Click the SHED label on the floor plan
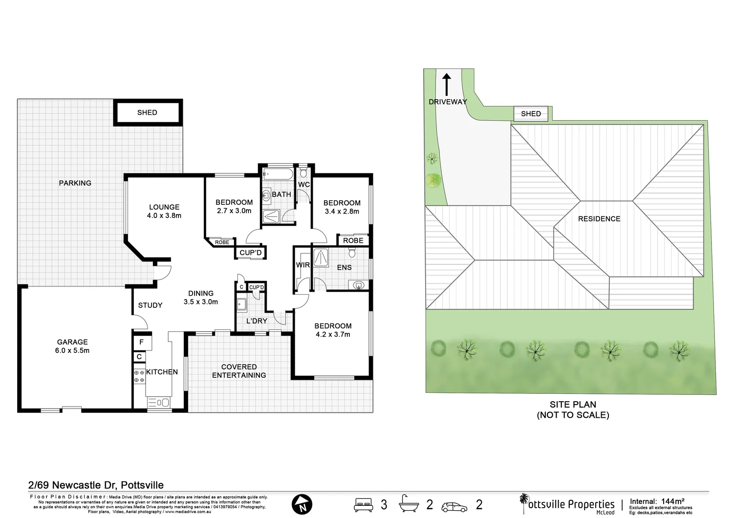pos(147,112)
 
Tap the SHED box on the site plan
pos(531,113)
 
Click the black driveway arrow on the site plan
pos(447,84)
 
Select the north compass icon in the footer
pos(302,504)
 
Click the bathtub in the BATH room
pos(278,174)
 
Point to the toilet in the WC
pos(303,173)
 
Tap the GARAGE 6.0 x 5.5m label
pos(72,346)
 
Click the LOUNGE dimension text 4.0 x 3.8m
pos(164,216)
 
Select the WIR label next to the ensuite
pos(303,265)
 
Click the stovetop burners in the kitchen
pos(139,376)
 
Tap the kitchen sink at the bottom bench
pos(158,403)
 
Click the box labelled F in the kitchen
pos(142,342)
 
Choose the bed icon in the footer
pos(363,504)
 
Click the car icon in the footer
pos(454,506)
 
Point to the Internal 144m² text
pos(657,501)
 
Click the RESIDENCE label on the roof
pos(599,219)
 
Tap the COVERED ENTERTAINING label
pos(239,371)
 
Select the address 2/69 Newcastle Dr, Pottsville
pos(96,485)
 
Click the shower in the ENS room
pos(321,258)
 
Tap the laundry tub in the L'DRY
pos(241,304)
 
